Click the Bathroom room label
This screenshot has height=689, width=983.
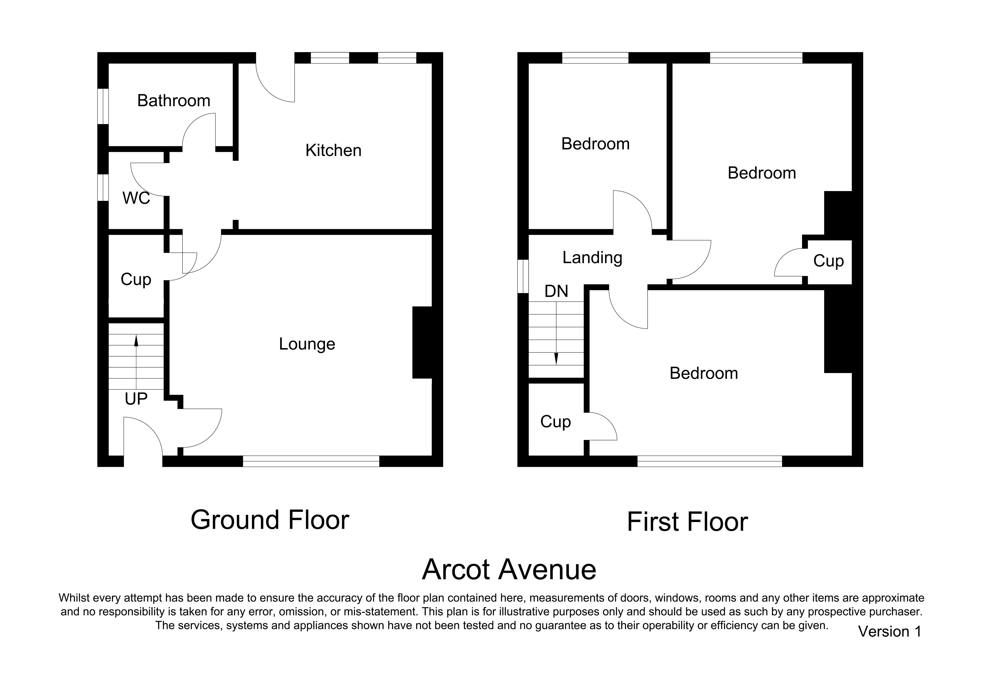(x=174, y=101)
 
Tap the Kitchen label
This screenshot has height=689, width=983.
(x=333, y=150)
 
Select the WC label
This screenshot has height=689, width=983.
(x=136, y=198)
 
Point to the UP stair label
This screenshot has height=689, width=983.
(x=136, y=399)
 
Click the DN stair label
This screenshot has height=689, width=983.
(x=556, y=291)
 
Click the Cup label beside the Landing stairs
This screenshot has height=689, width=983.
(x=555, y=422)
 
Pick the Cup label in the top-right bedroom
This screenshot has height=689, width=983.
(x=828, y=261)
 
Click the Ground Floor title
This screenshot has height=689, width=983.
(x=270, y=520)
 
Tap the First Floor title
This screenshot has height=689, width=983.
(x=687, y=522)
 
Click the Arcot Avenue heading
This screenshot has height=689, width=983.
(x=509, y=569)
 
